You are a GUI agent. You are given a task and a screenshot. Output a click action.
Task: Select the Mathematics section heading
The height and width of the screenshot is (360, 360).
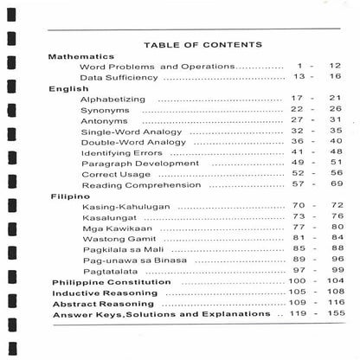click(81, 55)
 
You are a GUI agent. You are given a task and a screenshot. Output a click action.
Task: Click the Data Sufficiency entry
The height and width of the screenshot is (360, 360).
click(119, 77)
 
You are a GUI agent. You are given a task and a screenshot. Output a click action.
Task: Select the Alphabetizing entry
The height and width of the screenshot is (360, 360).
click(112, 100)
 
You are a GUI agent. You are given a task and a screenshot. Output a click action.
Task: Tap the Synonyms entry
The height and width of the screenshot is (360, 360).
click(105, 110)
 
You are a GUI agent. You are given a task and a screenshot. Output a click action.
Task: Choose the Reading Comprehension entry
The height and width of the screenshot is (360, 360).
click(138, 185)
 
